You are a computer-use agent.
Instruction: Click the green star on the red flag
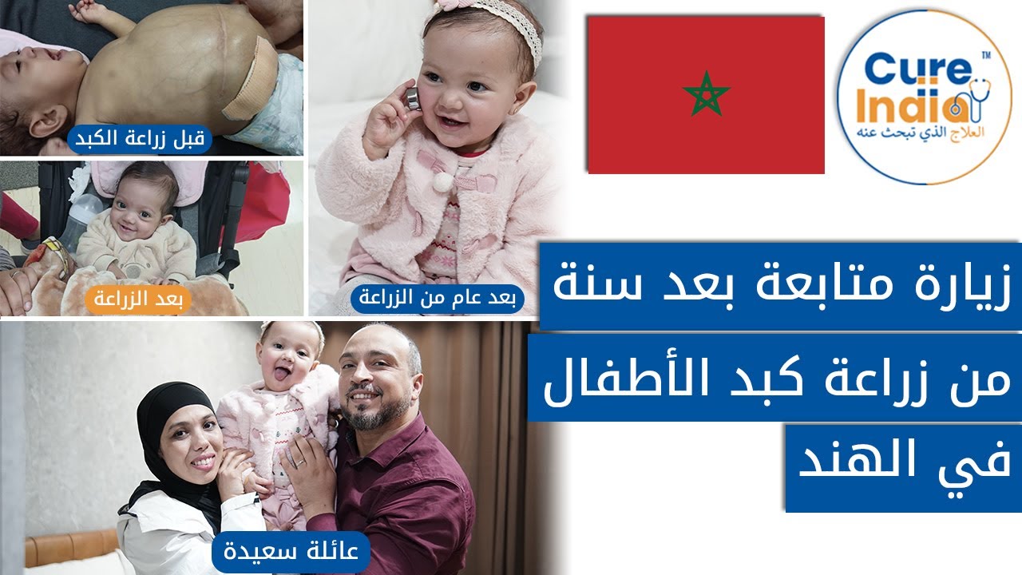(x=706, y=93)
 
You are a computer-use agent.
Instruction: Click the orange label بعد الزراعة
(x=138, y=300)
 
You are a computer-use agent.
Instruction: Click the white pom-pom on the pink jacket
(x=442, y=182)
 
